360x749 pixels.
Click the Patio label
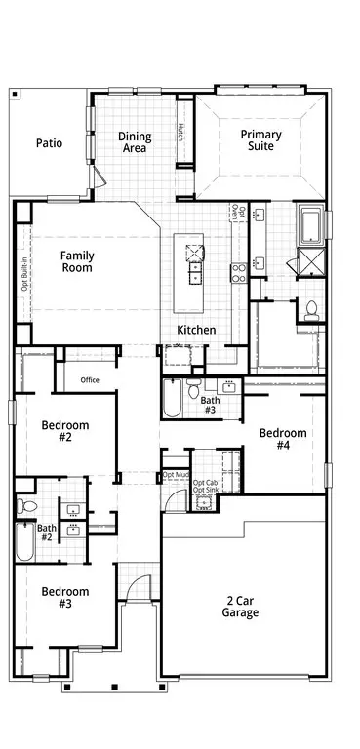[49, 143]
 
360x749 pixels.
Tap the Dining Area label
[135, 142]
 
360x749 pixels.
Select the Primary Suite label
[261, 140]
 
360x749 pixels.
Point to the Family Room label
[77, 261]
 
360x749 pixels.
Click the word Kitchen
[196, 330]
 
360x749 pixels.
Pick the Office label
[90, 380]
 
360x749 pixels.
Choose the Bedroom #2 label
[65, 431]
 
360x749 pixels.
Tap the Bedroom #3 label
[65, 598]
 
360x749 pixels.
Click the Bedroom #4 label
[283, 439]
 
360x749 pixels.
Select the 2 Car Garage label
[240, 607]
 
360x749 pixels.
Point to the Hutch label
[181, 132]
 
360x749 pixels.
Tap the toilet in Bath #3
[193, 389]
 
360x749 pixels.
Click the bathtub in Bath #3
[172, 398]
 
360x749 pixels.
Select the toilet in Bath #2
[27, 506]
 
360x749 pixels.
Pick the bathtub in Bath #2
[24, 541]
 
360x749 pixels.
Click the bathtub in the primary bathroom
[311, 223]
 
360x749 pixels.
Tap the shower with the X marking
[311, 261]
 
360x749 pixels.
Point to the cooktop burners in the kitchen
[239, 273]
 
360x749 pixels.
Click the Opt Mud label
[176, 475]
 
